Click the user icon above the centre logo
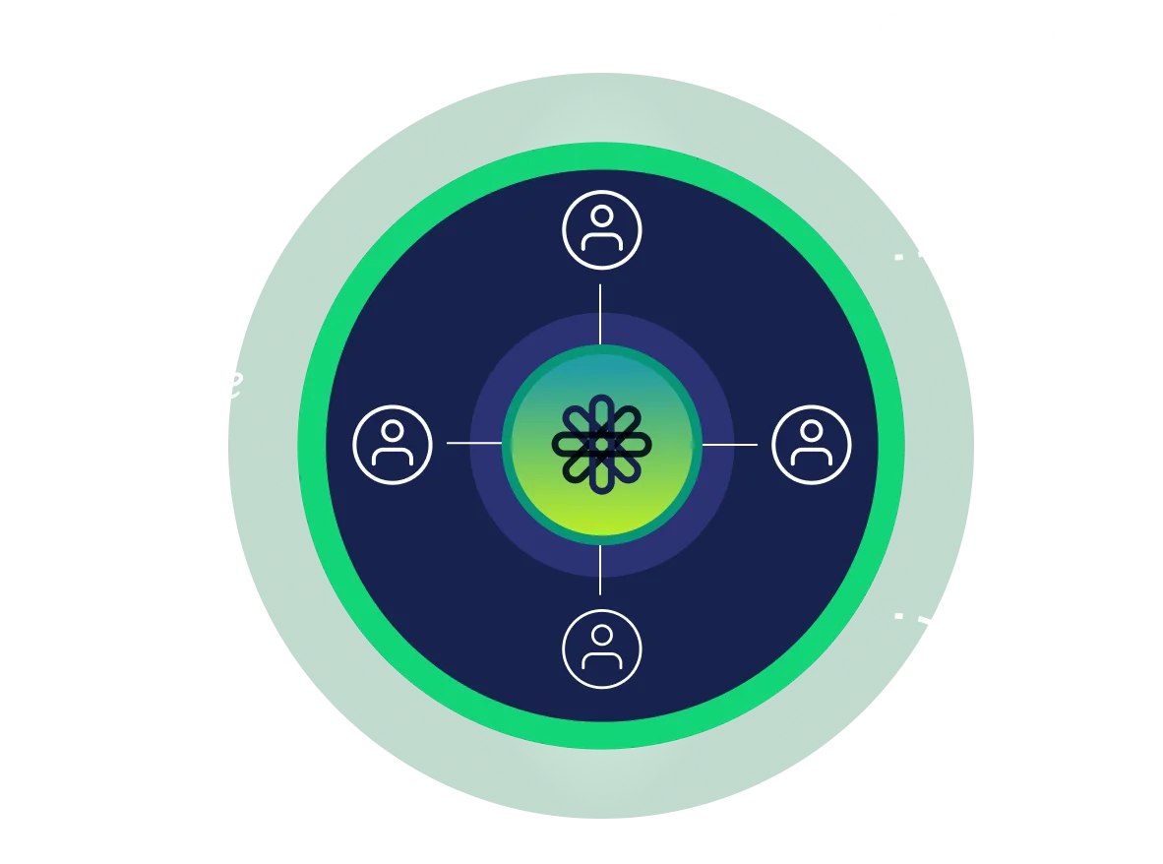tap(601, 230)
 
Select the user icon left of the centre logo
tap(393, 445)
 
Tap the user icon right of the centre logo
tap(811, 445)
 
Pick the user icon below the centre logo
tap(601, 648)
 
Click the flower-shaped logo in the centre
tap(601, 445)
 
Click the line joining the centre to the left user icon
tap(473, 444)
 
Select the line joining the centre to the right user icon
tap(729, 444)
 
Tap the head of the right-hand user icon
tap(811, 430)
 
